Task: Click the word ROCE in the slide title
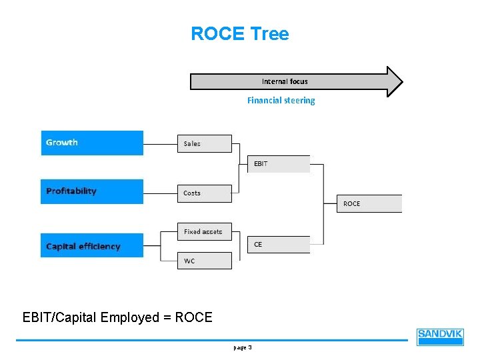click(217, 34)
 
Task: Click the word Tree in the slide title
click(269, 34)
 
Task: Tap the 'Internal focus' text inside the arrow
click(285, 81)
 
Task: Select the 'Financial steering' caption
click(281, 101)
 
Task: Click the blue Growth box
click(92, 143)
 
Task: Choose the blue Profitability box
click(92, 191)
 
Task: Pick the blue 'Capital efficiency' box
click(92, 245)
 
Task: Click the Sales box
click(205, 143)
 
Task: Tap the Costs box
click(205, 193)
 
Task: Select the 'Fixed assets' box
click(205, 231)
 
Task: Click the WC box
click(205, 261)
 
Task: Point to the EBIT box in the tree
click(279, 164)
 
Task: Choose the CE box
click(279, 245)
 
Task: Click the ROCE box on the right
click(371, 203)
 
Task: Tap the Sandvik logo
click(440, 337)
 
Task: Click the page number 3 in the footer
click(249, 347)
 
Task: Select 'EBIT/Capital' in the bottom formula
click(59, 317)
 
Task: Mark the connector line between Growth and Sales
click(160, 143)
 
